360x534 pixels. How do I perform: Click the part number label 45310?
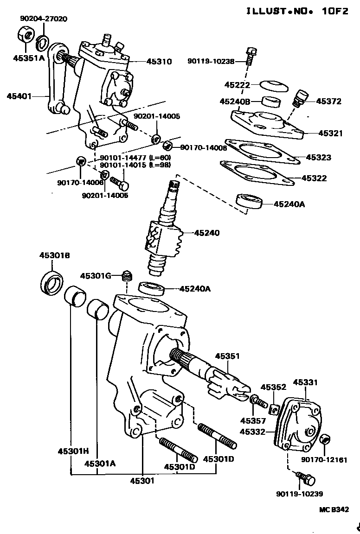click(x=159, y=61)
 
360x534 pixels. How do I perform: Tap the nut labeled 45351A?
click(x=25, y=35)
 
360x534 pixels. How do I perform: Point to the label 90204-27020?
click(x=44, y=19)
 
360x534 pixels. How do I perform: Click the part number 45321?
click(x=331, y=133)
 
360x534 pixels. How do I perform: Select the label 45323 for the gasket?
click(x=319, y=158)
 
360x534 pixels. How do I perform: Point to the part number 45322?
click(x=314, y=178)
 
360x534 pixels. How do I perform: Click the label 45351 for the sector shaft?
click(x=227, y=356)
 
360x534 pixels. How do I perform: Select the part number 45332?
click(x=252, y=432)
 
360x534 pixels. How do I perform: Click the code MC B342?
click(x=333, y=509)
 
